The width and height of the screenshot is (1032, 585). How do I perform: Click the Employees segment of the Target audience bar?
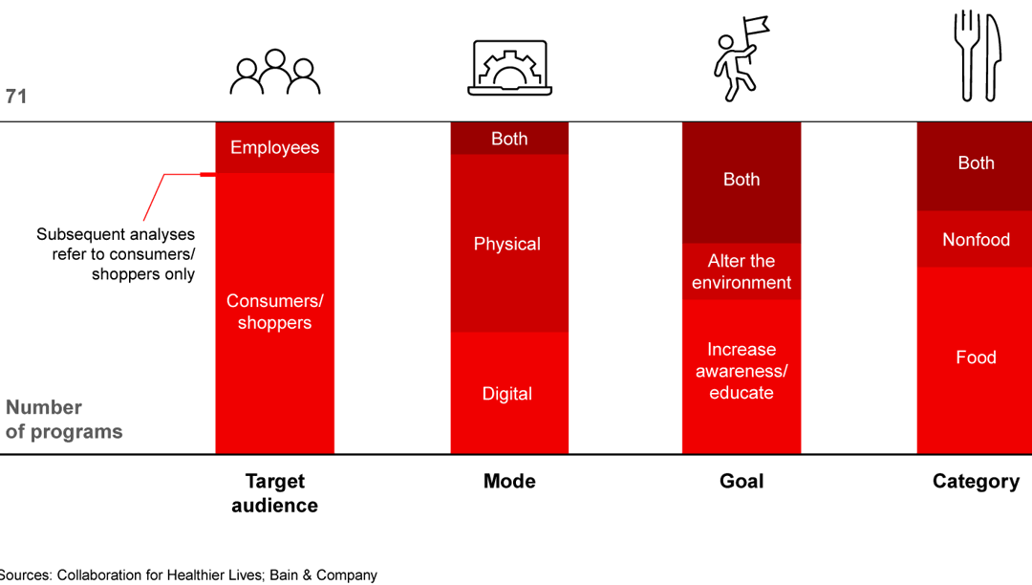click(274, 148)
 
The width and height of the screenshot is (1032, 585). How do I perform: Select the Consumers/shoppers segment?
click(274, 313)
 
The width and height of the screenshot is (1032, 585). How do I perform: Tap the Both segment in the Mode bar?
click(509, 139)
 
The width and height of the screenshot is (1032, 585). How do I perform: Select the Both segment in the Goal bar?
click(742, 180)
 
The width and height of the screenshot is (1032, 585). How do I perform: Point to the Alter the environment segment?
click(742, 271)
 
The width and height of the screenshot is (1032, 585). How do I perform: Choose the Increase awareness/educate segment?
click(742, 371)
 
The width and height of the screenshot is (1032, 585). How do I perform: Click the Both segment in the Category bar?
click(976, 163)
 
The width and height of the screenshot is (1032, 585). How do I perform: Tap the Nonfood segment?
click(976, 239)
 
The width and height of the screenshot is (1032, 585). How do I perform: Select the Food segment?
click(976, 357)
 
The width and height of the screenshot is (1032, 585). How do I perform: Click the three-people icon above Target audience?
click(275, 72)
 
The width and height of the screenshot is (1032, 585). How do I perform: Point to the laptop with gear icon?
click(509, 68)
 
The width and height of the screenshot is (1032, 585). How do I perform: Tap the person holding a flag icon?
click(741, 59)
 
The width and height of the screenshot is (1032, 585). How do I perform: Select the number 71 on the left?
click(16, 97)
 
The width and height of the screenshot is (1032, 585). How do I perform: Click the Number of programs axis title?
click(64, 420)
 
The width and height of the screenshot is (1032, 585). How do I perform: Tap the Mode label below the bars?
click(509, 481)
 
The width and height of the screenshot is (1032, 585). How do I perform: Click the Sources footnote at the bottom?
click(188, 574)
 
